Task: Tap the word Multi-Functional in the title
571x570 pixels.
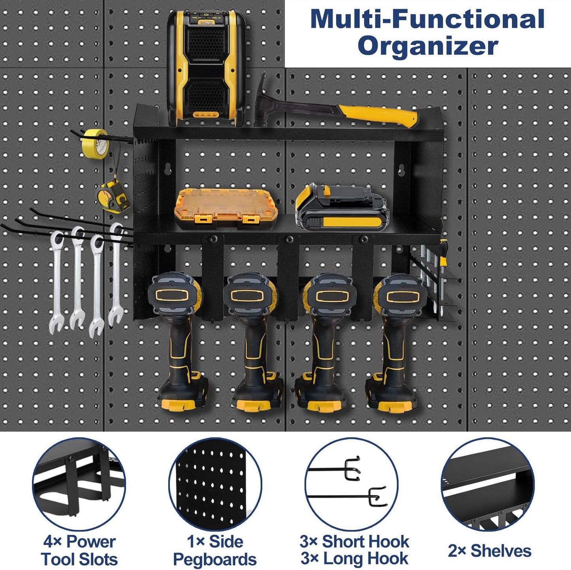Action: (x=428, y=19)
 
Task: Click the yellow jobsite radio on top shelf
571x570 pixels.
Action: (x=205, y=67)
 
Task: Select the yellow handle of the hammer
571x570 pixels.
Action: (x=377, y=114)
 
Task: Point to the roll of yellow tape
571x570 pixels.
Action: (x=95, y=142)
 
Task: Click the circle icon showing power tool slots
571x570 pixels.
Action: (x=79, y=484)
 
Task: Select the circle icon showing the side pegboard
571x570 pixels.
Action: (x=215, y=484)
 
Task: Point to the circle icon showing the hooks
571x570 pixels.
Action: (x=351, y=484)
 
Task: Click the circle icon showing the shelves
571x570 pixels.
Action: (x=488, y=484)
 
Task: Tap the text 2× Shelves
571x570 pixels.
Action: (x=489, y=551)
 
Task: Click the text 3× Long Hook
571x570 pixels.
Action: (x=354, y=559)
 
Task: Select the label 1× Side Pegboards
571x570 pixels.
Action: (x=215, y=550)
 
